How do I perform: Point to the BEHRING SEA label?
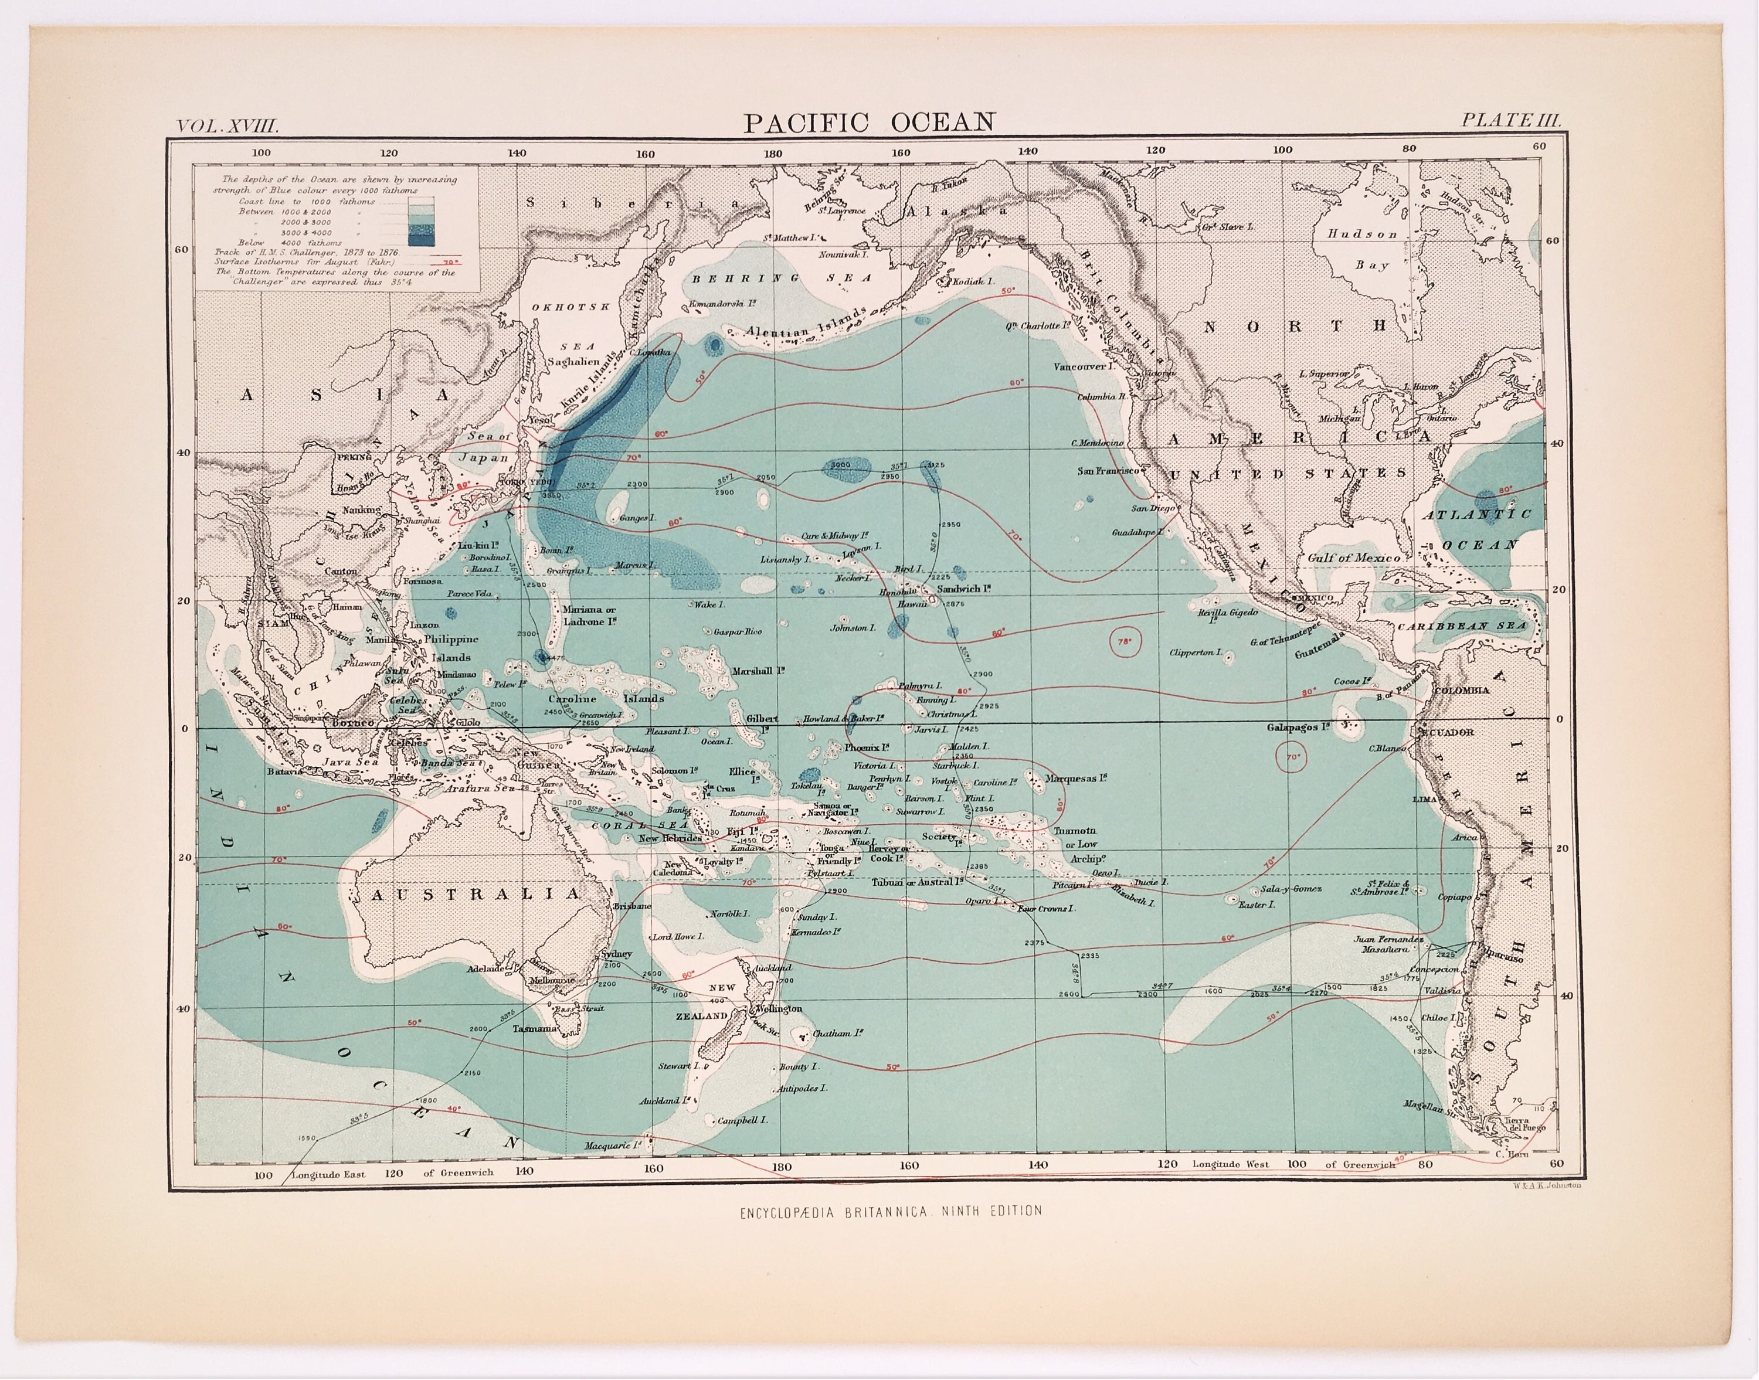(x=782, y=277)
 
